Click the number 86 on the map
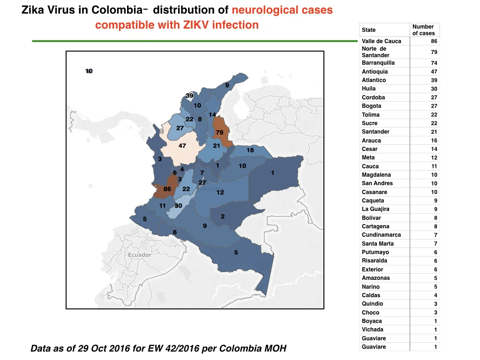[167, 189]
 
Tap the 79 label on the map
[219, 133]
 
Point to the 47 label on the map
[182, 146]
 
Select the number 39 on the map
[189, 96]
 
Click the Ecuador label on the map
[140, 255]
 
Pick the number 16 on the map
[250, 150]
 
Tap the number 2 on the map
[223, 217]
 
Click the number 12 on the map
[220, 192]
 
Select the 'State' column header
[368, 30]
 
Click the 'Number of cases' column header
[423, 30]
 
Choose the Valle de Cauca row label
[382, 41]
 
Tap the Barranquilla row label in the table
[378, 63]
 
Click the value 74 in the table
[434, 63]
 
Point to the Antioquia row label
[375, 72]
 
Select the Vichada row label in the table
[373, 330]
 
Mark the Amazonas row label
[376, 278]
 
